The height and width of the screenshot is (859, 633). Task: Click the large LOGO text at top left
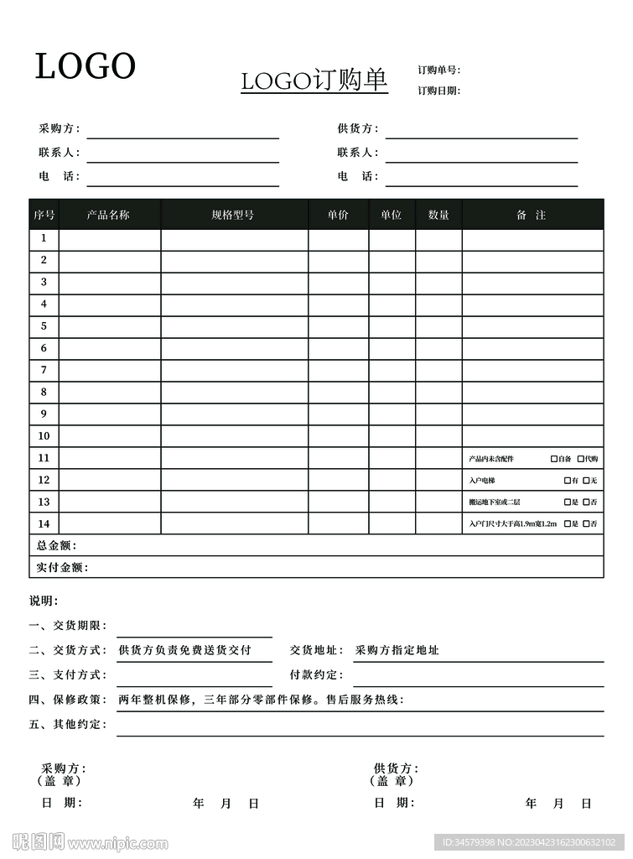pyautogui.click(x=85, y=66)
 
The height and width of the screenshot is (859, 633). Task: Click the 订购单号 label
pyautogui.click(x=439, y=70)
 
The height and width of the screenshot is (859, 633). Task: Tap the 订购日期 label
pyautogui.click(x=439, y=91)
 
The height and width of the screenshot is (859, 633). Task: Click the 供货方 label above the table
pyautogui.click(x=358, y=129)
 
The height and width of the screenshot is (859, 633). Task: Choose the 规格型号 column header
pyautogui.click(x=233, y=215)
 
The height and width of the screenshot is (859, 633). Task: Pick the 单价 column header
pyautogui.click(x=338, y=215)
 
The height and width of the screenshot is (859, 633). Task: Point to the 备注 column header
pyautogui.click(x=532, y=215)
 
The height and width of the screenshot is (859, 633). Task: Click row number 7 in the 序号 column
pyautogui.click(x=44, y=370)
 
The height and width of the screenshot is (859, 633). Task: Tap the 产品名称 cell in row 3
pyautogui.click(x=110, y=283)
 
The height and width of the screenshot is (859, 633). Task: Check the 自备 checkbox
pyautogui.click(x=554, y=459)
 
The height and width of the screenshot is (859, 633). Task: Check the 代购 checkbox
pyautogui.click(x=581, y=459)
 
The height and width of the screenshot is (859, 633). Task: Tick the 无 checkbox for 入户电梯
pyautogui.click(x=587, y=481)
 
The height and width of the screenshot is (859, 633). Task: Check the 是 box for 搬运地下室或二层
pyautogui.click(x=568, y=502)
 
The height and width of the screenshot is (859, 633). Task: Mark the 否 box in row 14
pyautogui.click(x=587, y=524)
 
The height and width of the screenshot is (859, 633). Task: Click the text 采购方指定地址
pyautogui.click(x=397, y=650)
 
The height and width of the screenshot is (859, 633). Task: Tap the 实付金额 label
pyautogui.click(x=61, y=568)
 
